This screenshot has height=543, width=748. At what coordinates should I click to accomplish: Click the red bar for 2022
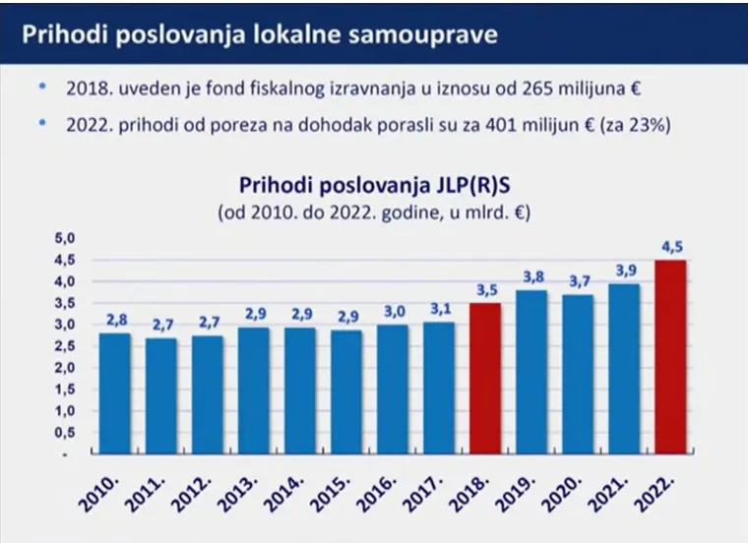tap(670, 356)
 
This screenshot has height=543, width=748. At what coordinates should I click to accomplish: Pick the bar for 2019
tap(531, 371)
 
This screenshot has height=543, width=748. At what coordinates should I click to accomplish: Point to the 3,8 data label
tap(531, 277)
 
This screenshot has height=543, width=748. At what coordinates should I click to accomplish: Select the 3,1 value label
tap(439, 310)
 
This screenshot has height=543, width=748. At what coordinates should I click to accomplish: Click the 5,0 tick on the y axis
tap(63, 238)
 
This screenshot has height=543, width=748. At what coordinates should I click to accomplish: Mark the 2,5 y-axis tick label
tap(63, 346)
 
